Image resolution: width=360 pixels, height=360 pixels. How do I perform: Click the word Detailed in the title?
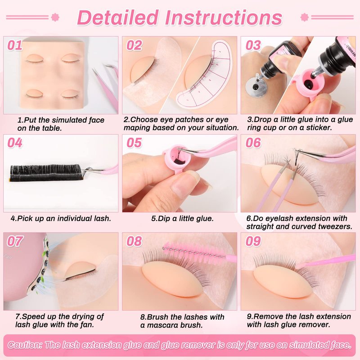[118, 18]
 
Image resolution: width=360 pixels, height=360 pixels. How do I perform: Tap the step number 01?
[15, 45]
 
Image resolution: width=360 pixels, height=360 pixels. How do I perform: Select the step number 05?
[134, 143]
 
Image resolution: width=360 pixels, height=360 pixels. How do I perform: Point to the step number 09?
[253, 241]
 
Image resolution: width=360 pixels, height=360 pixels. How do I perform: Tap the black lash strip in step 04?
[46, 173]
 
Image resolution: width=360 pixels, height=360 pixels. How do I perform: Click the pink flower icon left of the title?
[55, 17]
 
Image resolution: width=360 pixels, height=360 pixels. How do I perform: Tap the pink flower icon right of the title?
[305, 17]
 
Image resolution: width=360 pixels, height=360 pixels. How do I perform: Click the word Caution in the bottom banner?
[25, 345]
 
